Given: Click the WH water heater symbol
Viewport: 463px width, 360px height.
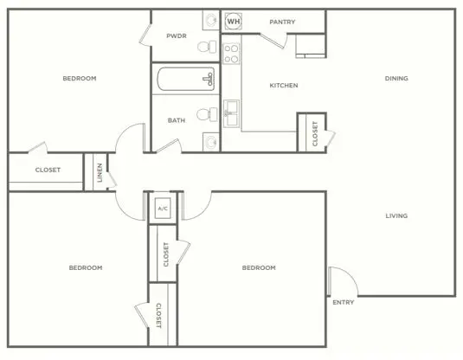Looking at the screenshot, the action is [234, 21].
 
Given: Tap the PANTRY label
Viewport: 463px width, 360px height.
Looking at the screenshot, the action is [282, 22].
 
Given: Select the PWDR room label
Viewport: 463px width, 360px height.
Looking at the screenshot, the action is [177, 36].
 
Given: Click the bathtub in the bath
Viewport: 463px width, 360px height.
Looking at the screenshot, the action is [186, 79].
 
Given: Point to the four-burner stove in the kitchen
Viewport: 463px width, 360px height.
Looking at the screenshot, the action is [231, 54].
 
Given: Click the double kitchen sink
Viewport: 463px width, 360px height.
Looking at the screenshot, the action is [231, 113].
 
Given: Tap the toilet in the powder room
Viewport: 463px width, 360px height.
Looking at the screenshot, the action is [207, 47].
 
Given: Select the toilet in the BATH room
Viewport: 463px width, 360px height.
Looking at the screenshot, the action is [207, 114].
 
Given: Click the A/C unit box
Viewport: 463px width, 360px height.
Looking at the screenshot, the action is [163, 209].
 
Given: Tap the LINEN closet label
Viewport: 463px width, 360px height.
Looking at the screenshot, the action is [100, 173].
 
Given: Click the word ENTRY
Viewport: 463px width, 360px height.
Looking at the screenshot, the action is [343, 302].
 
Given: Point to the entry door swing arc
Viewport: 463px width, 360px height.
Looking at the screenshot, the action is [350, 275].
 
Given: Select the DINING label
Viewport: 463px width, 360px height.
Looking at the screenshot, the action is [396, 78].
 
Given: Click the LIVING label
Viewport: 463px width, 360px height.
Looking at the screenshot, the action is [396, 215].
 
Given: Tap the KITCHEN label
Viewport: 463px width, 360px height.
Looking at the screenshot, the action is [284, 86].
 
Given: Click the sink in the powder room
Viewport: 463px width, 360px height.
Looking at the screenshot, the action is [211, 21].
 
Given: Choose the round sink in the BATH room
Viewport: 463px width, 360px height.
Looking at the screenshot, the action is [211, 142].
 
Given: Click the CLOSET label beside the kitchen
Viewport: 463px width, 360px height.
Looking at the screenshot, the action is [315, 133].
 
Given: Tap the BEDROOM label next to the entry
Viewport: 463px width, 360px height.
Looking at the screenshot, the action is [259, 268].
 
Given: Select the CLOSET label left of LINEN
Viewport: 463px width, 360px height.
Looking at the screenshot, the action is [48, 170].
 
